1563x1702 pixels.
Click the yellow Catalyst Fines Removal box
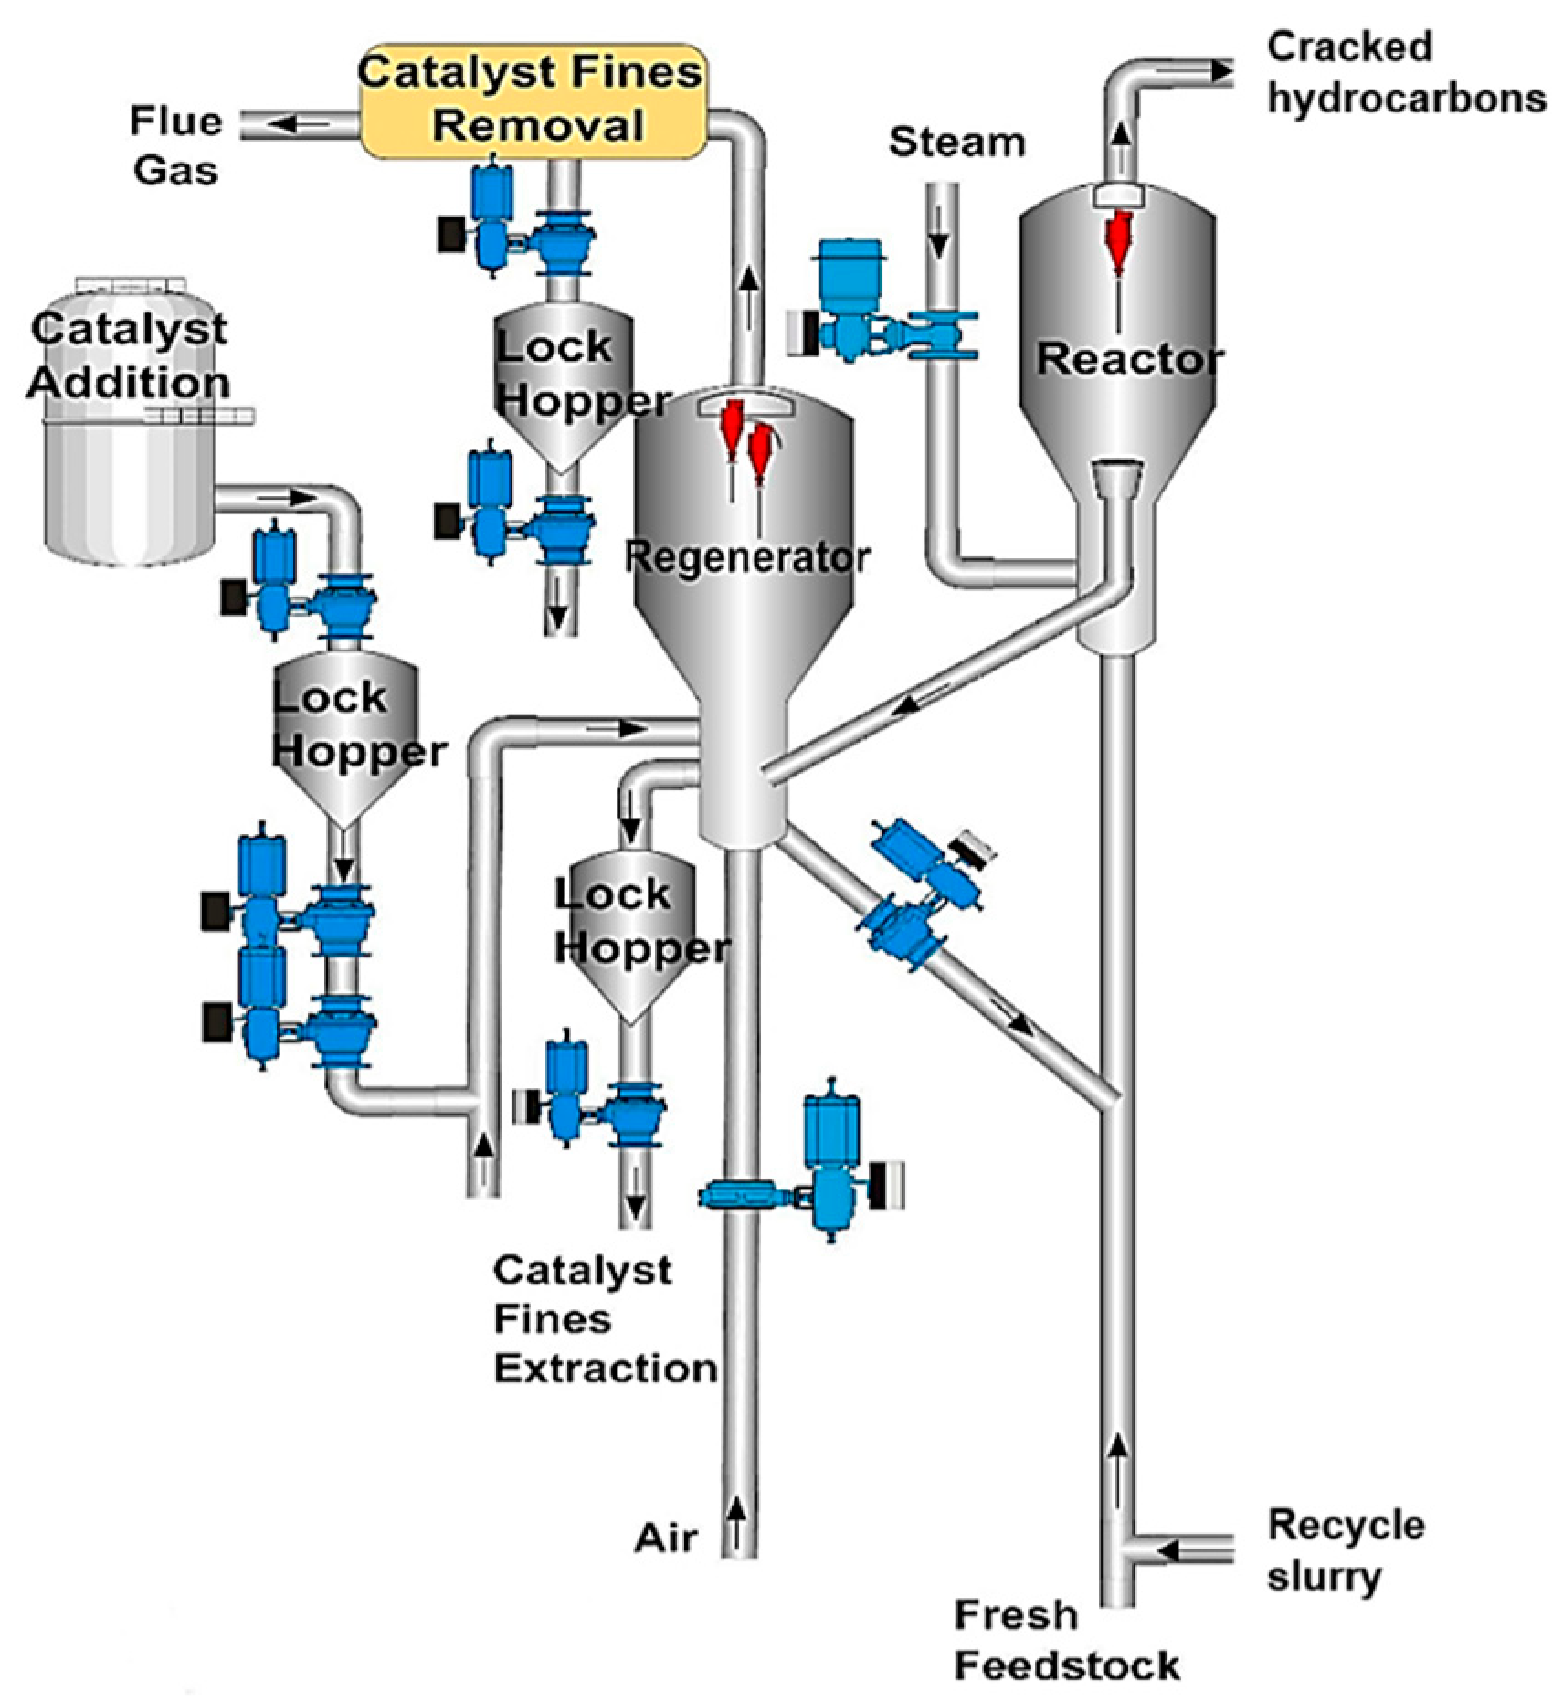[533, 100]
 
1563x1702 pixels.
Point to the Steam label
[956, 143]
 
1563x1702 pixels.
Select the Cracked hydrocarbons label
[1404, 73]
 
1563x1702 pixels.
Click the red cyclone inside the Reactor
[1118, 239]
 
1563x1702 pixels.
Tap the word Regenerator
[746, 557]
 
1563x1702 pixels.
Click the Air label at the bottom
[666, 1538]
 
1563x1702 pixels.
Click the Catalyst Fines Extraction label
[603, 1319]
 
